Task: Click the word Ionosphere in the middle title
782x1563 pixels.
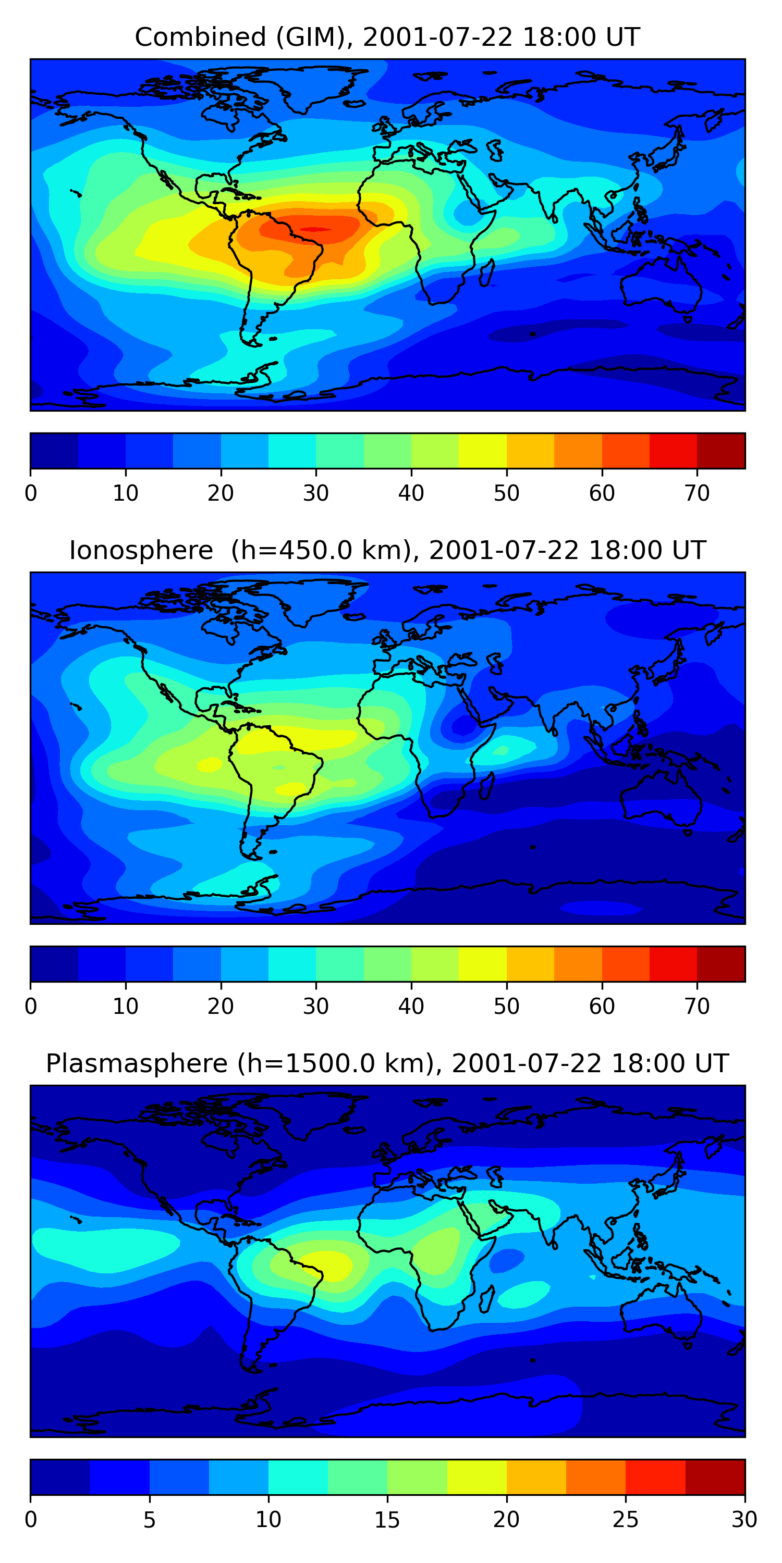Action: (x=141, y=550)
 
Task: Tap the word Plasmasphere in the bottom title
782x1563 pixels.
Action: (x=137, y=1064)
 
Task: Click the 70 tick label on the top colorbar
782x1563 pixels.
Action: (x=697, y=493)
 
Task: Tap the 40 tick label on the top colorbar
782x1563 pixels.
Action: (x=411, y=493)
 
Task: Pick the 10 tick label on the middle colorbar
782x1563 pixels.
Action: (x=126, y=1007)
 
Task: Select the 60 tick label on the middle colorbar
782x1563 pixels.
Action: (x=602, y=1007)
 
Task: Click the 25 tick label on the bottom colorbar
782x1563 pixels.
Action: (x=626, y=1520)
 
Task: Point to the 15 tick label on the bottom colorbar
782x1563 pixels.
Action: (x=387, y=1520)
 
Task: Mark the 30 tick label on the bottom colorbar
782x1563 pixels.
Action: (x=744, y=1520)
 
